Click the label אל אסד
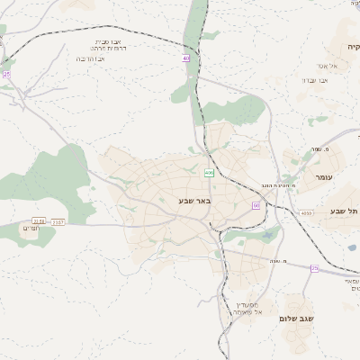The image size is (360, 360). tap(327, 66)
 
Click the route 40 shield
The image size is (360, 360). tap(186, 58)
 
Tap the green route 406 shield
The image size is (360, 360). tap(209, 173)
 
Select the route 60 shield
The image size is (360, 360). tap(256, 206)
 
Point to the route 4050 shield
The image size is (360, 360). tap(308, 213)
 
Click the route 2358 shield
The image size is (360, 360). tap(38, 220)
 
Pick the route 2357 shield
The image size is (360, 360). tap(58, 220)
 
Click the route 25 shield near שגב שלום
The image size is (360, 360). tap(314, 268)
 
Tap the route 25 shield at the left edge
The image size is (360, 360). tap(6, 75)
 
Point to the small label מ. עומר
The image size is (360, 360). tap(316, 148)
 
